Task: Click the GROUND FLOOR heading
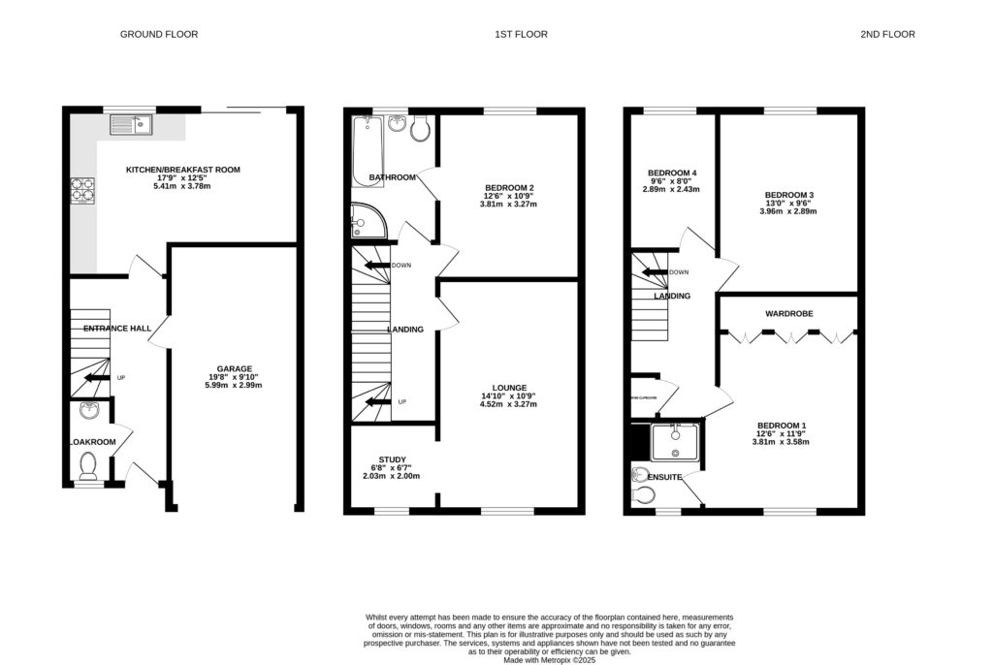(x=159, y=34)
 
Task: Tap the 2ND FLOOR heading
(x=886, y=34)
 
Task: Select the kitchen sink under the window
(x=131, y=123)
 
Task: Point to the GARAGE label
(x=234, y=368)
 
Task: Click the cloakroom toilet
(x=88, y=466)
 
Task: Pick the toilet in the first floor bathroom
(x=422, y=130)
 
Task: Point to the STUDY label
(x=393, y=459)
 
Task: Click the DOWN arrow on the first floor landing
(x=377, y=265)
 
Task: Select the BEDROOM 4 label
(x=673, y=173)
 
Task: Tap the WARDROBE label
(x=788, y=314)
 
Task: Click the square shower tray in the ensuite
(x=676, y=441)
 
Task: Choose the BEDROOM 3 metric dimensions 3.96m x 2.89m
(x=788, y=211)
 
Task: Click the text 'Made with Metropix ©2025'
(x=550, y=659)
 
